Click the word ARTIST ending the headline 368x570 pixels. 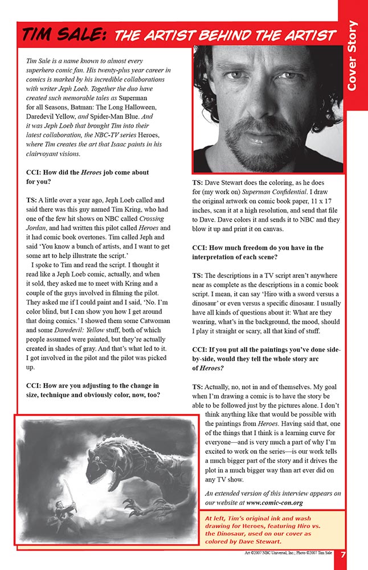305,35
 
